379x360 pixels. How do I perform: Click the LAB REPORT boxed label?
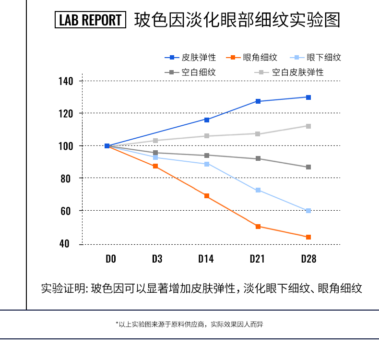point(90,20)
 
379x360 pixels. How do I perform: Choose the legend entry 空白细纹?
point(192,72)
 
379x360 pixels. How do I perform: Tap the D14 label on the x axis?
point(206,259)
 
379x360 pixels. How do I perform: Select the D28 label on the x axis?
point(308,259)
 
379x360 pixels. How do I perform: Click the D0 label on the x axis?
point(111,259)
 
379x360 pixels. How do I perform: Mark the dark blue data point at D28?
point(308,97)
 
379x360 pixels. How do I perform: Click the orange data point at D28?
point(308,237)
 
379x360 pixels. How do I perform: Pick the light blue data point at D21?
point(258,190)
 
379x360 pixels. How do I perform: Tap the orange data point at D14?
point(207,196)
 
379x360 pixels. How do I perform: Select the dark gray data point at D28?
point(308,167)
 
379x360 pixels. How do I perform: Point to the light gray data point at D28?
point(308,126)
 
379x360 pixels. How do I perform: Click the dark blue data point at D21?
point(258,101)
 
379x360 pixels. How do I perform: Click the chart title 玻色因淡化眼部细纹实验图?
point(237,20)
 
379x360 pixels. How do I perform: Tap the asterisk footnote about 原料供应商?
point(189,324)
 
